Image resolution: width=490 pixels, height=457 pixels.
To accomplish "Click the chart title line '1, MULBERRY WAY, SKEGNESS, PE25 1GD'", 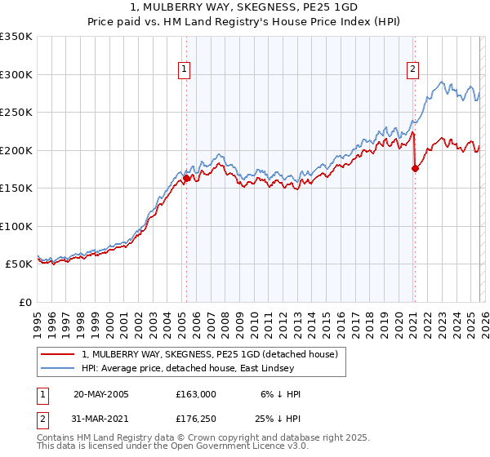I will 244,8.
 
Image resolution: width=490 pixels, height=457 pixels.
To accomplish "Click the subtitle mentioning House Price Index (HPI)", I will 244,22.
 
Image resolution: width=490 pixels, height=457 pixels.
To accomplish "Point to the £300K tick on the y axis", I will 16,74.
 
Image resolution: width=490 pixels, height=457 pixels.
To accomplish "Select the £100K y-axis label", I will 16,226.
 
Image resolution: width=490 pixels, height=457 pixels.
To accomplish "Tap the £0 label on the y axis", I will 24,302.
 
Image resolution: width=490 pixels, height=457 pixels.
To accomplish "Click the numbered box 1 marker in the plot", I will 185,69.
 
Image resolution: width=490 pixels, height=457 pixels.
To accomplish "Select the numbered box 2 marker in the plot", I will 413,69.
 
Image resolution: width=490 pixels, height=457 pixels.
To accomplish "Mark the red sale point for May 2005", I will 186,178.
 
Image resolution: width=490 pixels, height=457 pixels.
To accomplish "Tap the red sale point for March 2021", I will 415,168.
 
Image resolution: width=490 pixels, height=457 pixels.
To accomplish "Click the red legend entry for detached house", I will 215,353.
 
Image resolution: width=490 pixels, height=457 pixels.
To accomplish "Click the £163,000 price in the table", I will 195,394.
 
